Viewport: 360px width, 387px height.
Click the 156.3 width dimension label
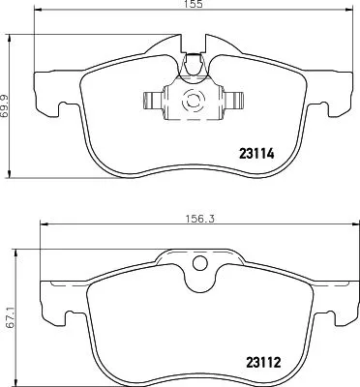(197, 219)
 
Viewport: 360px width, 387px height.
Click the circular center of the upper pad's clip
(192, 99)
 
